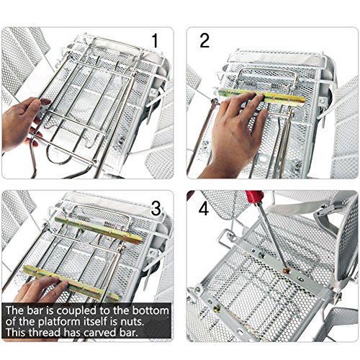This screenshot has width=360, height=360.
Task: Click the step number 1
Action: click(x=155, y=40)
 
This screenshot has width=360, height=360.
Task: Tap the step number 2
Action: click(x=204, y=40)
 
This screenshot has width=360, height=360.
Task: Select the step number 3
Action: click(x=156, y=208)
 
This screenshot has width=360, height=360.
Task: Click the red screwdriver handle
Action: click(x=254, y=197)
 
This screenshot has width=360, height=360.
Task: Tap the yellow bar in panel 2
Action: click(x=262, y=96)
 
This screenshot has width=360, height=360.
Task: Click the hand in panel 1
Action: click(x=23, y=124)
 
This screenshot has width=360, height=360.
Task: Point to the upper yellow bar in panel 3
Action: click(x=98, y=230)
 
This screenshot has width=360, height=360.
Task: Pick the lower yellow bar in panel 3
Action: click(x=71, y=283)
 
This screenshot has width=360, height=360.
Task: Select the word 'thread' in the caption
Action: click(x=45, y=333)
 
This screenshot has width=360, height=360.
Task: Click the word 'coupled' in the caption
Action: click(x=76, y=311)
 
